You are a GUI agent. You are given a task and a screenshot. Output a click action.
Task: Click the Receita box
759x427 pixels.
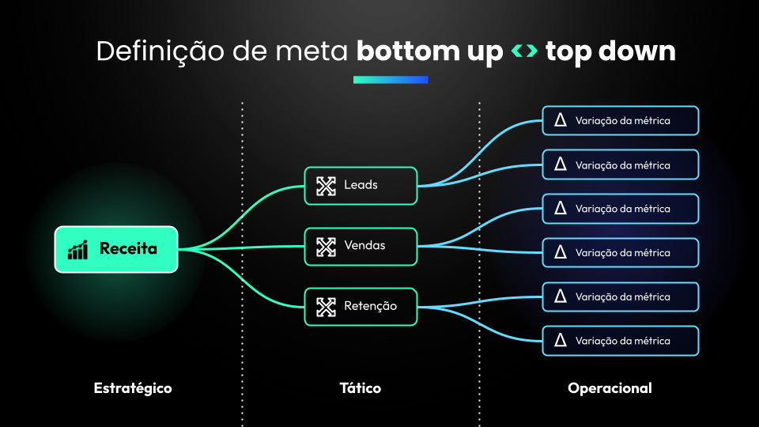click(x=116, y=249)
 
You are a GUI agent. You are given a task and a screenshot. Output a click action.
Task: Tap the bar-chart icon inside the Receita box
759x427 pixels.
click(x=77, y=250)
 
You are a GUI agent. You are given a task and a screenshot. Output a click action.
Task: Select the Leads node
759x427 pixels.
click(x=361, y=186)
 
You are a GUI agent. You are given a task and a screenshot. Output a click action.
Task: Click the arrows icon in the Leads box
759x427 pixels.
click(x=326, y=186)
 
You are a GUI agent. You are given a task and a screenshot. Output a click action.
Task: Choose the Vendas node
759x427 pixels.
click(x=361, y=246)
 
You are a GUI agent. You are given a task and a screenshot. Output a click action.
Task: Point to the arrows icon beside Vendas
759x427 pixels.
click(x=326, y=246)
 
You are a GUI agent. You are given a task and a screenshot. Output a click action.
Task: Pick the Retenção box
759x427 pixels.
click(x=361, y=306)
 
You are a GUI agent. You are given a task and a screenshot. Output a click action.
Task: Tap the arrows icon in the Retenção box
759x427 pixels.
click(x=326, y=306)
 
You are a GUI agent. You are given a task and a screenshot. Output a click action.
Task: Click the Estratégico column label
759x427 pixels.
click(x=133, y=388)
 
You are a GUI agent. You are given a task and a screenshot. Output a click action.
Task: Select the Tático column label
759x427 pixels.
click(x=361, y=388)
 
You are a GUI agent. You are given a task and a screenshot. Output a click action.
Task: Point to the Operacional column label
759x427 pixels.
click(x=610, y=388)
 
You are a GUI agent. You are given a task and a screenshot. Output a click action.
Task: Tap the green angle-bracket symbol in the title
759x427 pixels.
click(x=524, y=52)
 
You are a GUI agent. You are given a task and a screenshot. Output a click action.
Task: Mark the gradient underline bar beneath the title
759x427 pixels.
click(x=391, y=79)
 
